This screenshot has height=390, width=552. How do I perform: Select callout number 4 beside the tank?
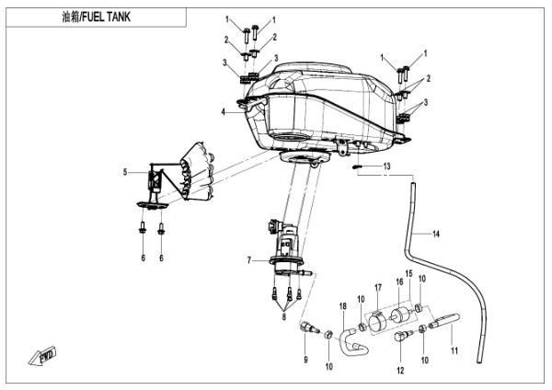222,112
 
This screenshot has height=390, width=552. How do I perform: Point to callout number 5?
126,171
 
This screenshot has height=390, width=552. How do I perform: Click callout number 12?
399,371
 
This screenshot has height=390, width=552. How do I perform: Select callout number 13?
387,166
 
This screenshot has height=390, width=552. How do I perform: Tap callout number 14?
436,235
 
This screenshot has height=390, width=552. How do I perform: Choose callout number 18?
342,304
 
